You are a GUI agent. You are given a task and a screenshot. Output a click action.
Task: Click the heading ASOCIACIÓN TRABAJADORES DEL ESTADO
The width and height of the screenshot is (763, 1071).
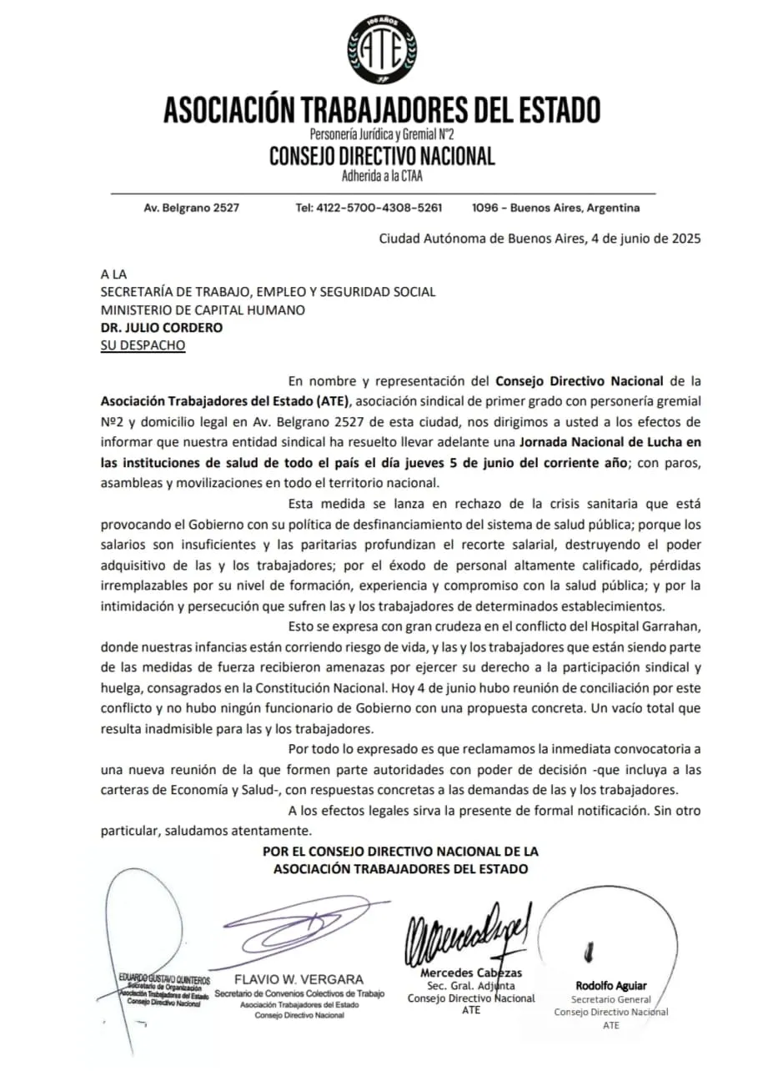click(x=381, y=110)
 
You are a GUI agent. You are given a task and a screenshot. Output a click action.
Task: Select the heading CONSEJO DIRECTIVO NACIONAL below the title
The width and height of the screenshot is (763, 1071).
click(x=381, y=156)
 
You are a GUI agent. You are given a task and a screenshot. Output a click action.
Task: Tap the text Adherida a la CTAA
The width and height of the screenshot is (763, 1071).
click(x=381, y=176)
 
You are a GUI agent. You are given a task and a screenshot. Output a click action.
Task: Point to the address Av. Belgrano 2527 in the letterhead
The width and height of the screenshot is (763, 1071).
click(x=191, y=208)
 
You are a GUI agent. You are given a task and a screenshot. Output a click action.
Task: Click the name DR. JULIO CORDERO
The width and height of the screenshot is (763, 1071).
click(x=162, y=328)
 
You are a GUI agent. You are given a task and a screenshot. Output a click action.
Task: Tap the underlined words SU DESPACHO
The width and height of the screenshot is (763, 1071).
click(x=143, y=345)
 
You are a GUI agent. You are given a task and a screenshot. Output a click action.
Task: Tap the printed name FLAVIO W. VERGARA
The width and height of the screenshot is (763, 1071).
click(x=299, y=978)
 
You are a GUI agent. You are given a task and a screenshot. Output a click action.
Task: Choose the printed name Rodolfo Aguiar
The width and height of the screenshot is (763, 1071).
click(x=611, y=985)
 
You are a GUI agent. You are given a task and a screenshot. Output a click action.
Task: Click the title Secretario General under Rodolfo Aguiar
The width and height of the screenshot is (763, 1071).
click(x=611, y=998)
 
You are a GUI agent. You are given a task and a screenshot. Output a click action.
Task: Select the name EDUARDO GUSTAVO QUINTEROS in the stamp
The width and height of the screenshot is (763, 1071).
click(x=164, y=979)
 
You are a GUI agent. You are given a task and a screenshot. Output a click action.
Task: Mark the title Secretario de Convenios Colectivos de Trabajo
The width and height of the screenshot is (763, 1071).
click(x=299, y=993)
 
